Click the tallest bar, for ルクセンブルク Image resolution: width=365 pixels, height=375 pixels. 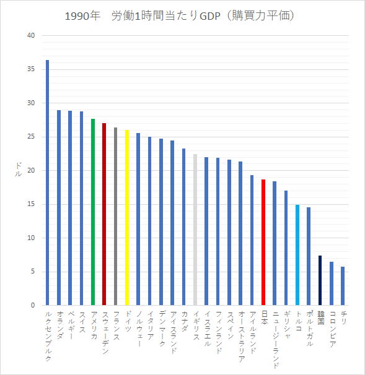point(48,183)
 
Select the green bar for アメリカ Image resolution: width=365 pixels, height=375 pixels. point(93,212)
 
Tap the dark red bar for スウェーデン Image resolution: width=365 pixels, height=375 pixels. point(104,214)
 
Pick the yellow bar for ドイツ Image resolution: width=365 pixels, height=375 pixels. point(127,218)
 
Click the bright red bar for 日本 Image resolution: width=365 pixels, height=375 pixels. point(263,243)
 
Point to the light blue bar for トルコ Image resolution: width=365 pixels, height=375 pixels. point(297,255)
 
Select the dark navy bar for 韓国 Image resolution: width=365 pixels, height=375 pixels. point(320,280)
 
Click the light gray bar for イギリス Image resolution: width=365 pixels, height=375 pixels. point(195,230)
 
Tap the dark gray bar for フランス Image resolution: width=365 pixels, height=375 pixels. point(116,216)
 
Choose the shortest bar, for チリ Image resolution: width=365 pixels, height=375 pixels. point(343,286)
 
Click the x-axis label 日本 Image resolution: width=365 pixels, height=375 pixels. point(264,317)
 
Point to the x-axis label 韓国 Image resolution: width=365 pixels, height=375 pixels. point(320,317)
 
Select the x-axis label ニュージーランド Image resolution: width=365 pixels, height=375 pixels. point(275,339)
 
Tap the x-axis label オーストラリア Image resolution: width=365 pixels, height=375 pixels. point(241,336)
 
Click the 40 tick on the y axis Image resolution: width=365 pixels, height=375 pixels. point(31,35)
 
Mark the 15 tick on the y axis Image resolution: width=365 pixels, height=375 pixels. point(31,204)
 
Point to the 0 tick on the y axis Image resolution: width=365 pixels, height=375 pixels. point(33,305)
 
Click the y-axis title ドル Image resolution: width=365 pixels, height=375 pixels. point(18,170)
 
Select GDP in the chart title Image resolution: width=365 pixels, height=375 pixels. point(210,16)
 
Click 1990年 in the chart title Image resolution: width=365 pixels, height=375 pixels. point(82,16)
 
